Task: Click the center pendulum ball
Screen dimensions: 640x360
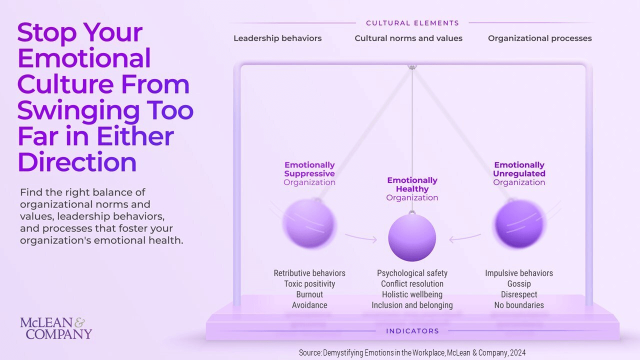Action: coord(412,237)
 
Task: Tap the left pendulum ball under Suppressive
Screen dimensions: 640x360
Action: coord(309,223)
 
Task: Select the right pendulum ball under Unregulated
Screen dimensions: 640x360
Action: coord(519,223)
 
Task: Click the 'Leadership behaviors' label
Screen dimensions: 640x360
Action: coord(277,38)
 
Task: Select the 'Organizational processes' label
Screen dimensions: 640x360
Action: coord(539,38)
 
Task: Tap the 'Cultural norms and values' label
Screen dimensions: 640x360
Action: coord(408,38)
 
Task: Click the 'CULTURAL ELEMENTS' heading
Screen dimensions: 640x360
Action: coord(412,23)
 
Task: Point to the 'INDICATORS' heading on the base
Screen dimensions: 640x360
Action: coord(412,331)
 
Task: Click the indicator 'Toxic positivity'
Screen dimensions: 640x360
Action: coord(309,283)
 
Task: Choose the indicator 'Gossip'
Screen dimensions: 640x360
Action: coord(519,283)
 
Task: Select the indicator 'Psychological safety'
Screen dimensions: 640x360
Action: coord(412,273)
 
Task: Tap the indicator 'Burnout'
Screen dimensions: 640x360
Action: coord(309,294)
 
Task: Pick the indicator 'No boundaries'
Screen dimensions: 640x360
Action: coord(519,305)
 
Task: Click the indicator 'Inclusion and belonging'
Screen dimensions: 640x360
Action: coord(412,305)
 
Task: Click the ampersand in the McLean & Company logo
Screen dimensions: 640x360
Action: coord(79,323)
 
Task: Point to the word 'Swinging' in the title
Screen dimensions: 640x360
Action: coord(78,111)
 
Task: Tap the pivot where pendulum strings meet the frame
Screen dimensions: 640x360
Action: coord(412,67)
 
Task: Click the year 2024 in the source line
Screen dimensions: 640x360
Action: coord(517,352)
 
